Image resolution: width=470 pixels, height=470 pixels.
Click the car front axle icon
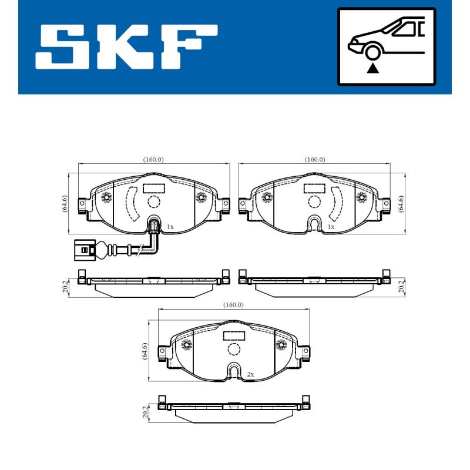pyautogui.click(x=386, y=46)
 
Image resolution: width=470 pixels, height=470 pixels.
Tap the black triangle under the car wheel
pyautogui.click(x=372, y=68)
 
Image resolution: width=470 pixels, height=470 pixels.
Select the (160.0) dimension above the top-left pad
pyautogui.click(x=153, y=159)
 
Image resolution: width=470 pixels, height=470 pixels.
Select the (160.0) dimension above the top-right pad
pyautogui.click(x=315, y=159)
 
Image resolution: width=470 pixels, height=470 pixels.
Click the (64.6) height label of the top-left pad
pyautogui.click(x=65, y=203)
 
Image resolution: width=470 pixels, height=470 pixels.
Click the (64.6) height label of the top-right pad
pyautogui.click(x=402, y=203)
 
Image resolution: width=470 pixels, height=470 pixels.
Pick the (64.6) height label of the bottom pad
pyautogui.click(x=145, y=350)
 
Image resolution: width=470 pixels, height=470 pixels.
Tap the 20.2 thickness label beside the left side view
pyautogui.click(x=66, y=286)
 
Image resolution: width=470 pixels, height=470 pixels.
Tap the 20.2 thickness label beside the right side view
pyautogui.click(x=401, y=286)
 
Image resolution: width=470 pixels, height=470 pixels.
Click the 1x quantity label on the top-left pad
pyautogui.click(x=170, y=226)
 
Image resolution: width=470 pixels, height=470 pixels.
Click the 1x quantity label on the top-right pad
pyautogui.click(x=331, y=226)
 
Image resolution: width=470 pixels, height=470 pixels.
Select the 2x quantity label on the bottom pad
pyautogui.click(x=250, y=374)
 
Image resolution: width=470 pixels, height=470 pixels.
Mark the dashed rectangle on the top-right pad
pyautogui.click(x=315, y=188)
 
